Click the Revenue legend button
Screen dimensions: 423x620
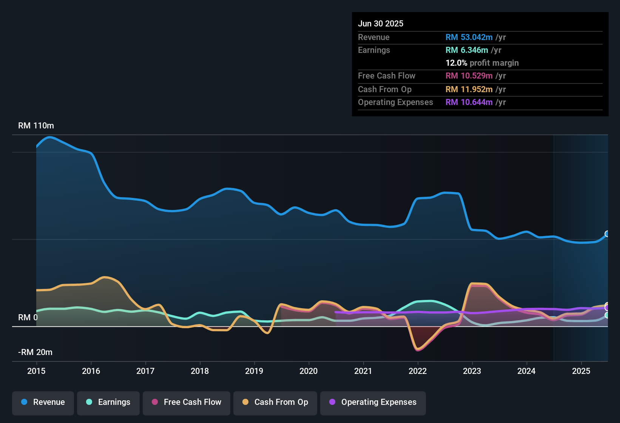[43, 402]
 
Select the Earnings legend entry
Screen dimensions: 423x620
[108, 402]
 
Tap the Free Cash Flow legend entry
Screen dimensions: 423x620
[187, 402]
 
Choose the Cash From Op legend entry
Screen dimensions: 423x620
[275, 402]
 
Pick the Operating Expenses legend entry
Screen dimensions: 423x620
[373, 402]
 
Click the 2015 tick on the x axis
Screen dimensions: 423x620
[36, 371]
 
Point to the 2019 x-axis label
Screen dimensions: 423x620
[254, 371]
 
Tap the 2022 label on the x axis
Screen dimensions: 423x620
[418, 371]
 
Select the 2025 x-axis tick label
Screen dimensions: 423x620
[581, 371]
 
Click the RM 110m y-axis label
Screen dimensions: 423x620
[36, 125]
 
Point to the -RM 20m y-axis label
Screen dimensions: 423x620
[35, 352]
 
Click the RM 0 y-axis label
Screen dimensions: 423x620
[28, 317]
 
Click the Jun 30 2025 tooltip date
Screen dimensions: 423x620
[381, 23]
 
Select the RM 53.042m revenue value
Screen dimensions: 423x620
[469, 37]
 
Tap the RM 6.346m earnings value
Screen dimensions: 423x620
[467, 50]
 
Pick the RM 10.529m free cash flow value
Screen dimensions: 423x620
[469, 76]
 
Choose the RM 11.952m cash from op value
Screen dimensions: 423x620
[469, 89]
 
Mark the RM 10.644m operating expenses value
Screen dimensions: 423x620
[469, 102]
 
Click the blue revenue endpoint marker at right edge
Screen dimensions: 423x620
[607, 234]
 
